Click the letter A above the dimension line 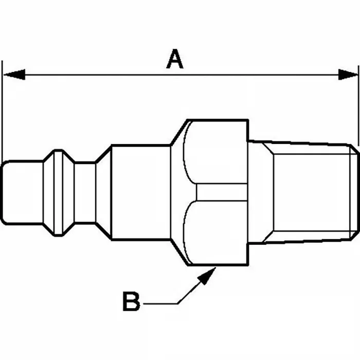(175, 59)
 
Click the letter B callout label (131, 302)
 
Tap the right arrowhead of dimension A (347, 75)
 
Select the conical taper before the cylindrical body (103, 192)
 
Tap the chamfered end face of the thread (355, 192)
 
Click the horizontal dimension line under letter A (103, 75)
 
